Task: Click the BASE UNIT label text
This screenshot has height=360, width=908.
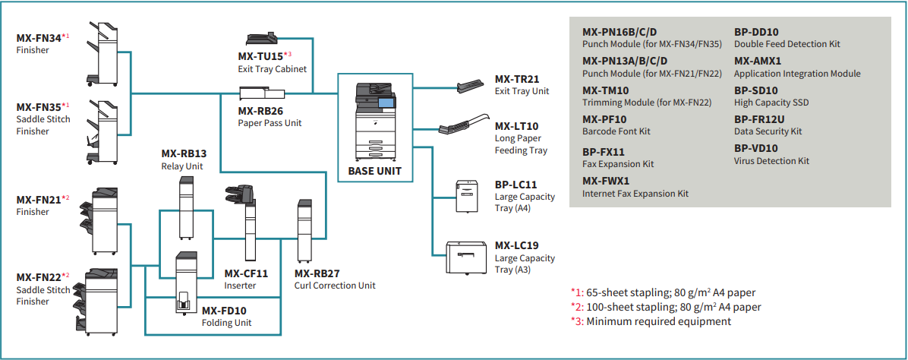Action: (374, 171)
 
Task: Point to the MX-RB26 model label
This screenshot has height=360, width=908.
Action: (260, 111)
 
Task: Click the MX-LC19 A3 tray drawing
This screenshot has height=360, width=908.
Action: (468, 257)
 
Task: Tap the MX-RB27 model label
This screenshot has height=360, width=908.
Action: (317, 273)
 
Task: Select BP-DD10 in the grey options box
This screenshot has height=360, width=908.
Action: (756, 33)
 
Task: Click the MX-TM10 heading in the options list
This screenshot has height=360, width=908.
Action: (605, 90)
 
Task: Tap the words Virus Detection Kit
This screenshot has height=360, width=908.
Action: (771, 161)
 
